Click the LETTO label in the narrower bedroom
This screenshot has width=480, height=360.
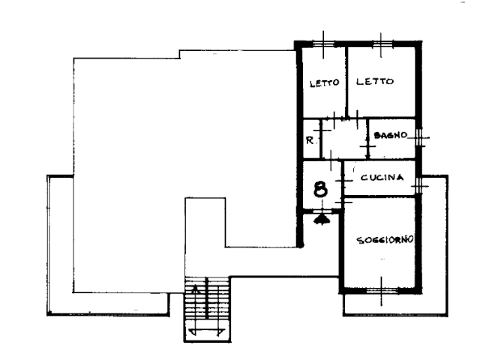tap(324, 83)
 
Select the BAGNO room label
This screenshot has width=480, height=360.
tap(391, 135)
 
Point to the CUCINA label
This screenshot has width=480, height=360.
tap(382, 177)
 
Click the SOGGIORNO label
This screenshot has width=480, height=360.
tap(385, 240)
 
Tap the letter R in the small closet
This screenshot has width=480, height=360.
tap(310, 140)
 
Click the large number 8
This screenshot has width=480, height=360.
tap(320, 189)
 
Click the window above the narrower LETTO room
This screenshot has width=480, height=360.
tap(323, 44)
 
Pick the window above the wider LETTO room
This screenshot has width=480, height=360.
tap(381, 44)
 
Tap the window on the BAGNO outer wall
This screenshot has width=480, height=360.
tap(419, 137)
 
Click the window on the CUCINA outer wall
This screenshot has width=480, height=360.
tap(419, 185)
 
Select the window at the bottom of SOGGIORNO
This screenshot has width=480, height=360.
tap(382, 290)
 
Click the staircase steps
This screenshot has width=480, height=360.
tap(207, 309)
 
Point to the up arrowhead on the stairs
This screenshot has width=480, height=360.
tap(194, 289)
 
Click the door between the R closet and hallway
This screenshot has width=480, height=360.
tap(321, 130)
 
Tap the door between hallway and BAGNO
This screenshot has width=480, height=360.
tap(368, 146)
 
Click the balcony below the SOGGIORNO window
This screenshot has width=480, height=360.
tap(395, 304)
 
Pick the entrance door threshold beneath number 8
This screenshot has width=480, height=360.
tap(322, 211)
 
